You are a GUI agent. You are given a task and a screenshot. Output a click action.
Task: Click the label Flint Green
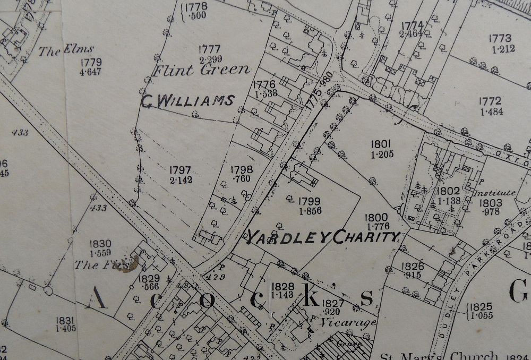pyautogui.click(x=201, y=70)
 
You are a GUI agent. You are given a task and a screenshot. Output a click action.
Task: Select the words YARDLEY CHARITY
pyautogui.click(x=321, y=237)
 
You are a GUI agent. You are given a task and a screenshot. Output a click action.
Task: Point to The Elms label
pyautogui.click(x=66, y=52)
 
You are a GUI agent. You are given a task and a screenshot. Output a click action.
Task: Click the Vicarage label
pyautogui.click(x=348, y=322)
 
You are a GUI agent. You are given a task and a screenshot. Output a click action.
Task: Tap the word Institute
pyautogui.click(x=495, y=193)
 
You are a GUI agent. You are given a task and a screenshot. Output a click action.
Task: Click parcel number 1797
pyautogui.click(x=181, y=170)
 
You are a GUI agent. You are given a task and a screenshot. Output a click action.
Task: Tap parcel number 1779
pyautogui.click(x=89, y=62)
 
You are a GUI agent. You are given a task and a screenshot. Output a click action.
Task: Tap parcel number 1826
pyautogui.click(x=413, y=266)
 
